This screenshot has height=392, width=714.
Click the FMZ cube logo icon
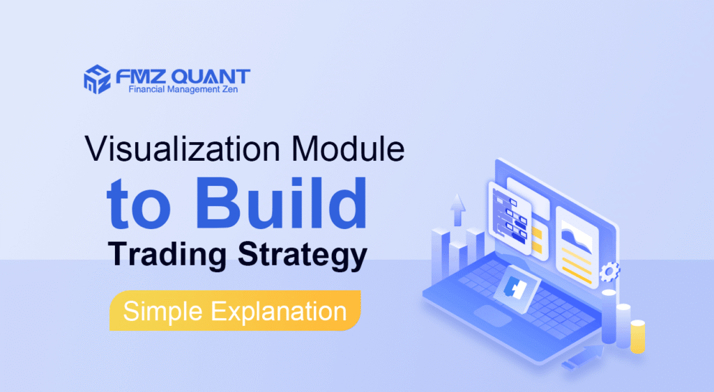point(97,78)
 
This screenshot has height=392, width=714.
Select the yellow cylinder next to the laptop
point(637,336)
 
